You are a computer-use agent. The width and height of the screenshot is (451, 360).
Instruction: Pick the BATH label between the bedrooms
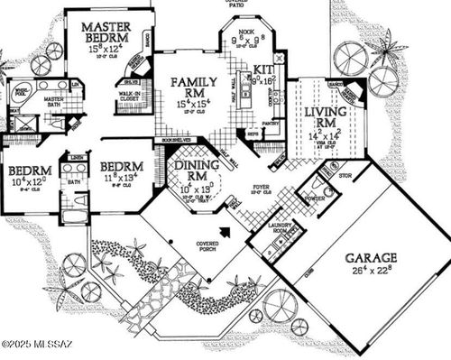click(x=73, y=182)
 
